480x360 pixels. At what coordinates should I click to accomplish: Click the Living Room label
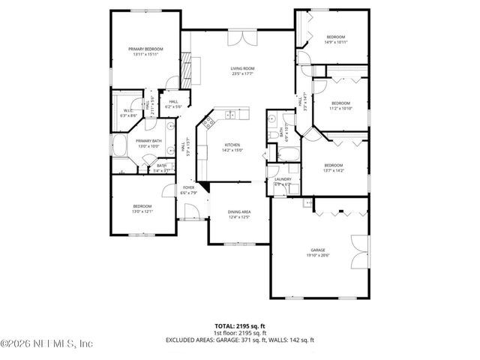pyautogui.click(x=241, y=68)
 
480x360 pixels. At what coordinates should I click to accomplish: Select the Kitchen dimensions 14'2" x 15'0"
pyautogui.click(x=232, y=150)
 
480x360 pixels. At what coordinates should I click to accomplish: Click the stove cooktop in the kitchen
pyautogui.click(x=229, y=115)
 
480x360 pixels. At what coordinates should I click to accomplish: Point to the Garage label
pyautogui.click(x=319, y=250)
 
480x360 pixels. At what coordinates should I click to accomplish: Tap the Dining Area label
pyautogui.click(x=239, y=212)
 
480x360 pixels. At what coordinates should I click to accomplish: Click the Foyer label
pyautogui.click(x=188, y=187)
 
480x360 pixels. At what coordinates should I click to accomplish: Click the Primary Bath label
pyautogui.click(x=148, y=140)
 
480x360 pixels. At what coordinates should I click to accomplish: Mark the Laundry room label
pyautogui.click(x=283, y=179)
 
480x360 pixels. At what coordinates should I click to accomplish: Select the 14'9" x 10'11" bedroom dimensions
pyautogui.click(x=335, y=43)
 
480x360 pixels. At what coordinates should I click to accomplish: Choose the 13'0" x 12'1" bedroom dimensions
pyautogui.click(x=142, y=211)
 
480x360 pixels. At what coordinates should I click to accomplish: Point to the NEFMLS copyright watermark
pyautogui.click(x=46, y=344)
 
